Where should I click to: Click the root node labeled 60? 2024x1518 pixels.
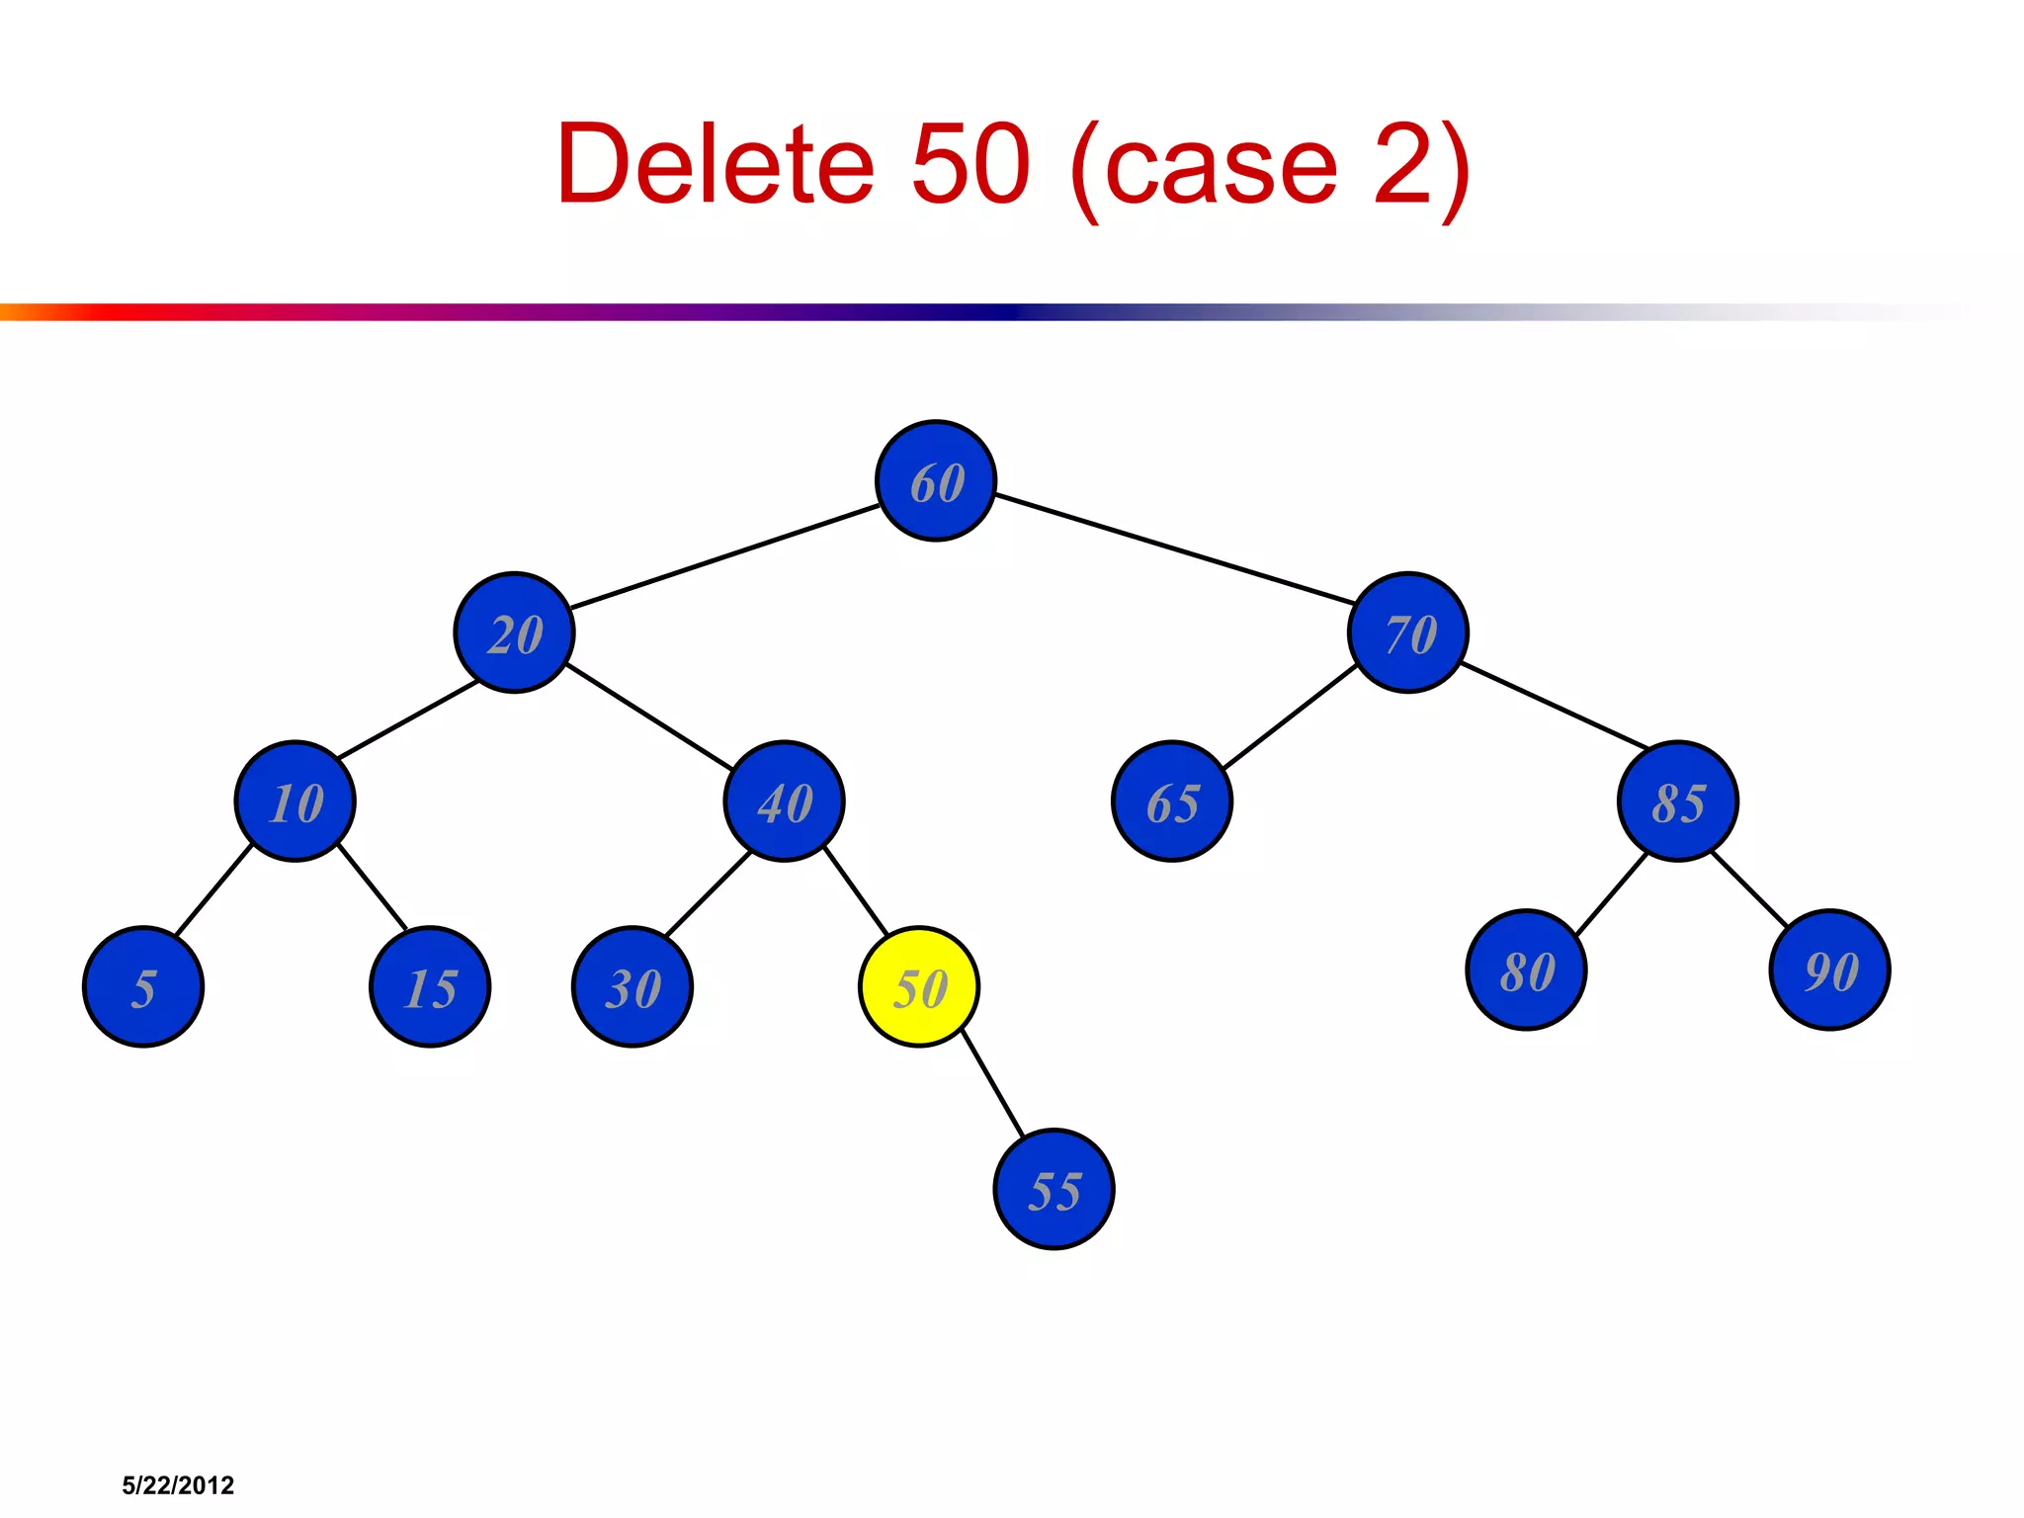click(x=936, y=481)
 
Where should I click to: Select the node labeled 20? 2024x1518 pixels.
click(x=514, y=632)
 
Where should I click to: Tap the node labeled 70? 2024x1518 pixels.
click(x=1408, y=632)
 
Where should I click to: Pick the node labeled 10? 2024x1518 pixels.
click(x=295, y=801)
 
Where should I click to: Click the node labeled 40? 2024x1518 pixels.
click(x=784, y=801)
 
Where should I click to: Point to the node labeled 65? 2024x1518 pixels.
click(x=1172, y=801)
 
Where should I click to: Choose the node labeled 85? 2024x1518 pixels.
click(x=1678, y=801)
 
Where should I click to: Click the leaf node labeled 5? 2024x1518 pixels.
click(x=143, y=987)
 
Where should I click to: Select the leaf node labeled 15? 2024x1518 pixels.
click(x=430, y=987)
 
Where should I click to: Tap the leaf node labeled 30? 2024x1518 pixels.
click(x=632, y=987)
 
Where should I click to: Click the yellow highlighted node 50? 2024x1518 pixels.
click(x=919, y=987)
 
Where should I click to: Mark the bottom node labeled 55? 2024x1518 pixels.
click(x=1054, y=1190)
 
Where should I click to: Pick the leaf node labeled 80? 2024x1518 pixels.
click(x=1526, y=970)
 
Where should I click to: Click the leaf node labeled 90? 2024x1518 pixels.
click(x=1829, y=970)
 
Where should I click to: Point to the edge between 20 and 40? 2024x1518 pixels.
click(x=649, y=717)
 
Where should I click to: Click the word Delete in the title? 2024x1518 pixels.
click(x=715, y=164)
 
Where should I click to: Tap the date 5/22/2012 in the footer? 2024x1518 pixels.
click(x=178, y=1485)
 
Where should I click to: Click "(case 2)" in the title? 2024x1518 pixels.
click(x=1271, y=166)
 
